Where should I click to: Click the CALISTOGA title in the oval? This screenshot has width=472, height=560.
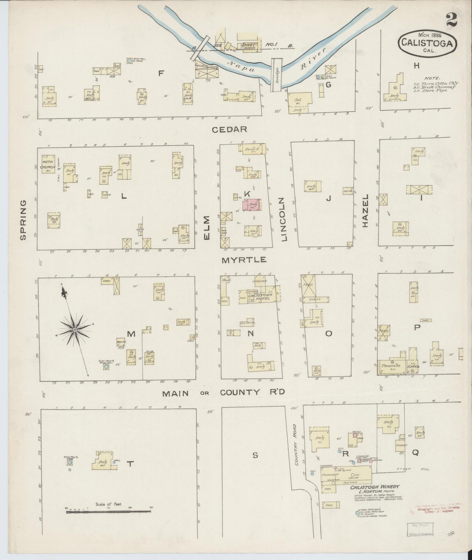click(427, 43)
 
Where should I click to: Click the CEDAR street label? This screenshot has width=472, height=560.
click(229, 129)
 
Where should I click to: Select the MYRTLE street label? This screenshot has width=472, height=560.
click(244, 260)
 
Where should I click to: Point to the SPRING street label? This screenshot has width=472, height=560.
click(23, 220)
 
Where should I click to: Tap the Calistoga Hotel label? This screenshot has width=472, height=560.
click(260, 296)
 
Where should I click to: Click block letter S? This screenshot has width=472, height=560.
click(255, 456)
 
